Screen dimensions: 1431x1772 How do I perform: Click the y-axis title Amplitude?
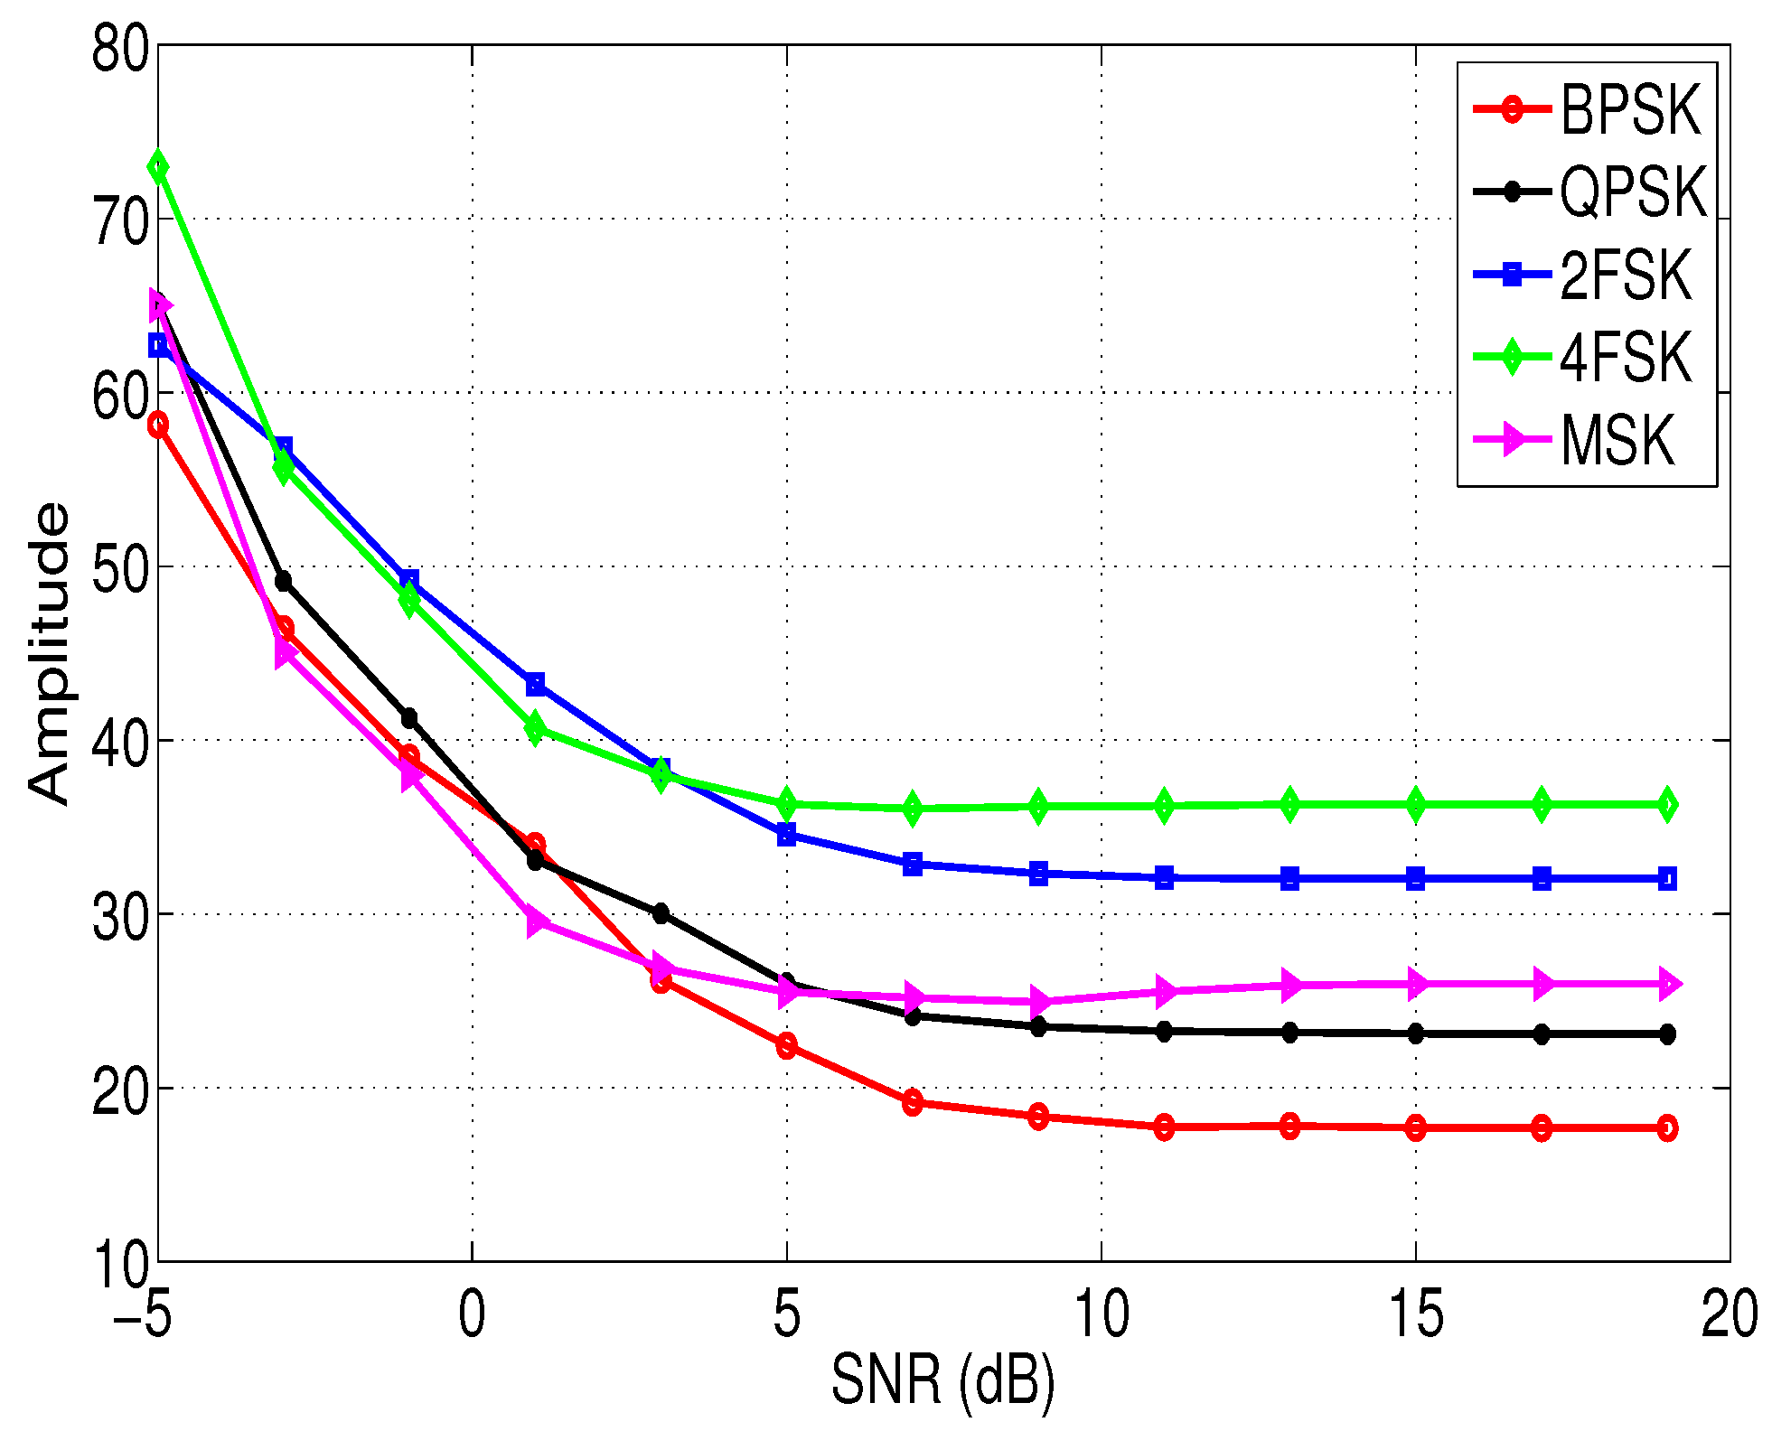click(x=49, y=652)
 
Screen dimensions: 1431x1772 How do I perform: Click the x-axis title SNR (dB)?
click(x=942, y=1380)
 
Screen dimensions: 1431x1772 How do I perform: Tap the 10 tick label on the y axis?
click(x=120, y=1264)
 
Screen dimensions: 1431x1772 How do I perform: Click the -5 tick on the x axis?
click(x=143, y=1314)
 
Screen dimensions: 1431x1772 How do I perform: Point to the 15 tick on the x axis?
click(x=1415, y=1314)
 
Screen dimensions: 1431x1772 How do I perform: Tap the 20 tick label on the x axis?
click(x=1730, y=1314)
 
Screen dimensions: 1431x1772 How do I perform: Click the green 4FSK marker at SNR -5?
click(x=158, y=167)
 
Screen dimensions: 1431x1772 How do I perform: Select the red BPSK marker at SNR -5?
click(x=158, y=425)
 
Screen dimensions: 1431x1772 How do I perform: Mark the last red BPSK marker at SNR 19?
click(x=1667, y=1128)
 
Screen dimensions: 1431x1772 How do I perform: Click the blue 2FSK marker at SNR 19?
click(x=1667, y=878)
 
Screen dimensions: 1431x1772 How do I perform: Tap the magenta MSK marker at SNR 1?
click(x=536, y=922)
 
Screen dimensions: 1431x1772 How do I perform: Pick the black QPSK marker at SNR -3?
click(x=284, y=581)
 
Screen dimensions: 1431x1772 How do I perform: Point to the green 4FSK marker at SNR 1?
click(x=535, y=728)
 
